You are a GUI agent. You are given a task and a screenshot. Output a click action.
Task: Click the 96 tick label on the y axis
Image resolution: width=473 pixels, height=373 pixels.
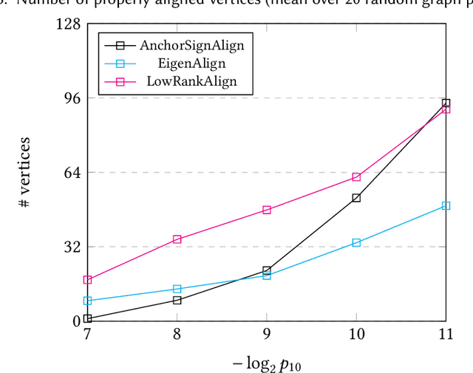[x=72, y=97]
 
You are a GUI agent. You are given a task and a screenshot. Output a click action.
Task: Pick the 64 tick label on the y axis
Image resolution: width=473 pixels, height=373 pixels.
[x=72, y=172]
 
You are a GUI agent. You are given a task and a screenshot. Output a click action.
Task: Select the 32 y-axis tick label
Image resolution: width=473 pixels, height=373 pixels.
[x=72, y=247]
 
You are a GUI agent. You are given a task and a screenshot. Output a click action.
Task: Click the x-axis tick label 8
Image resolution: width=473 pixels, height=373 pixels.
[x=177, y=335]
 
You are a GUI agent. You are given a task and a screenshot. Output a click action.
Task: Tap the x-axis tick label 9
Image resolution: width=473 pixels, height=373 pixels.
[x=266, y=335]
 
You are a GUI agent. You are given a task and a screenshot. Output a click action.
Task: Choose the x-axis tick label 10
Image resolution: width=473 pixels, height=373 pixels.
[x=355, y=335]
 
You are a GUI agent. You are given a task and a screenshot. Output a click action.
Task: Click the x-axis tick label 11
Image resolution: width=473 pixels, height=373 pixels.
[x=445, y=335]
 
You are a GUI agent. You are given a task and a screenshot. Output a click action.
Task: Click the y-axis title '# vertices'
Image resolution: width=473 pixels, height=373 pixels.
[x=24, y=172]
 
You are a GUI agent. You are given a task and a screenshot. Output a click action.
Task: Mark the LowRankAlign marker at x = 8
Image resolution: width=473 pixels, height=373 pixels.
[x=177, y=239]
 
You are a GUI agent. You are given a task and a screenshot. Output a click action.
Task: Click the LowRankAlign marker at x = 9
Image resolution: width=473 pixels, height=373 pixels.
[x=266, y=210]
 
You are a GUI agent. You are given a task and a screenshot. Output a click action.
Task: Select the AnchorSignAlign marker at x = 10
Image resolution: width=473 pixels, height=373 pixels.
[x=355, y=198]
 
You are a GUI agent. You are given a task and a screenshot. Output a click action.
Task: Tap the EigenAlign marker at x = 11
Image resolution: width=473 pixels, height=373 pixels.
[x=445, y=205]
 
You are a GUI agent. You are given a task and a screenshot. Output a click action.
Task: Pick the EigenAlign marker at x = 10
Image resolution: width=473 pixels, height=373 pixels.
[x=355, y=242]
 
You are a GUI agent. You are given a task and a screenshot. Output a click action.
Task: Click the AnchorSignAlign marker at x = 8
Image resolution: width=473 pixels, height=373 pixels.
[x=177, y=300]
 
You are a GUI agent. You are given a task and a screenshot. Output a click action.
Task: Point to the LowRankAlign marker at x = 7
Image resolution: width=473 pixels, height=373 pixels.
[x=87, y=280]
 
